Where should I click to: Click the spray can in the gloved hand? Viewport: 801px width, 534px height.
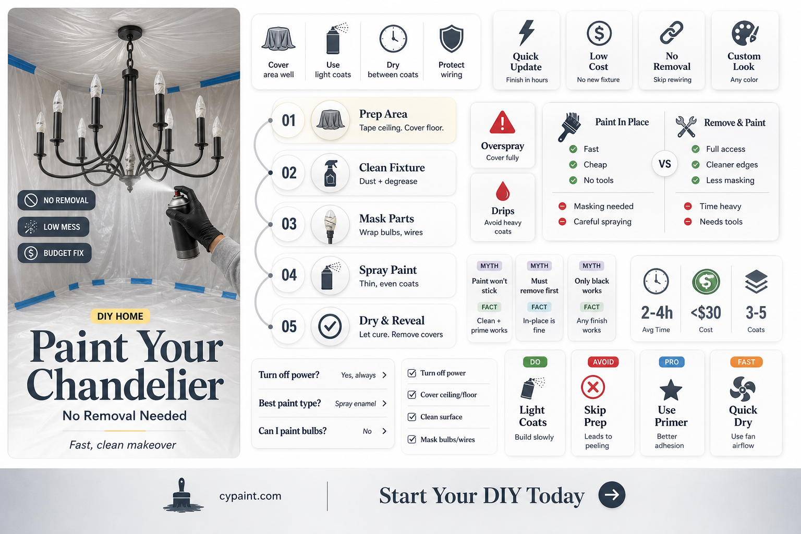(x=183, y=225)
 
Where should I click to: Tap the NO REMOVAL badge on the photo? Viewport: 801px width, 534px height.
(x=56, y=200)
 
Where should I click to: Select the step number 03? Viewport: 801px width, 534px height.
(x=289, y=224)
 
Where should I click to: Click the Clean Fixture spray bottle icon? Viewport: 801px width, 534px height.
(x=330, y=173)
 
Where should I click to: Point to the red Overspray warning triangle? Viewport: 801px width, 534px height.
(x=502, y=123)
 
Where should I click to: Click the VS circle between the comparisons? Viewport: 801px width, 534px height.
(x=664, y=164)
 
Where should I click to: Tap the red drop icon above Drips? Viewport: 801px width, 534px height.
(x=502, y=191)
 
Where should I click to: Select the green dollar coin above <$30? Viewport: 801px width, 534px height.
(x=706, y=282)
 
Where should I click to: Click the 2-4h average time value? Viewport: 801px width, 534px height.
(x=657, y=313)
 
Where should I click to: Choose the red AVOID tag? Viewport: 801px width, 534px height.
(x=603, y=362)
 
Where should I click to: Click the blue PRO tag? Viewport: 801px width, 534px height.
(x=672, y=362)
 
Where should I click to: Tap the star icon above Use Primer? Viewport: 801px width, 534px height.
(x=671, y=390)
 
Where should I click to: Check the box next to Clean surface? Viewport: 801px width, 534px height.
(x=412, y=417)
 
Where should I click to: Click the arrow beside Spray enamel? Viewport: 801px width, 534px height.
(x=385, y=404)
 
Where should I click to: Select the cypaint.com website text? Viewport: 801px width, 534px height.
(x=250, y=496)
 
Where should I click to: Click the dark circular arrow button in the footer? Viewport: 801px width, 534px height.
(x=612, y=495)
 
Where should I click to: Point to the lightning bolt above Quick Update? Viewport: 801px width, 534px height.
(x=526, y=33)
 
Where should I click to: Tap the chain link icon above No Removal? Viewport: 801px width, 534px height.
(x=672, y=32)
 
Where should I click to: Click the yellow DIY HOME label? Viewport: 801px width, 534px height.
(x=120, y=316)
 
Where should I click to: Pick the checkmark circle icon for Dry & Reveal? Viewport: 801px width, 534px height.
(x=330, y=326)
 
